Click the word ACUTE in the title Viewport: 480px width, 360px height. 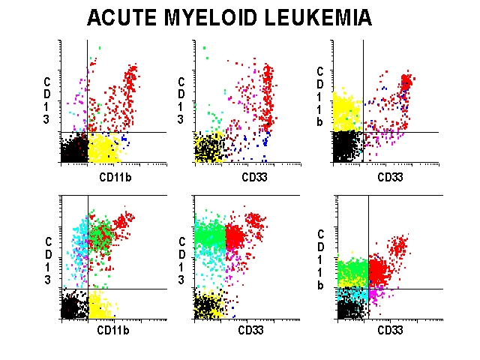124,17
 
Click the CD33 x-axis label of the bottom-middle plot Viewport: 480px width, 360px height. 251,330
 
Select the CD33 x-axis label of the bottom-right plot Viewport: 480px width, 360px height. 390,330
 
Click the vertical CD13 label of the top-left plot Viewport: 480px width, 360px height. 47,100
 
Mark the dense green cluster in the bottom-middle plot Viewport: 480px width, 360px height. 210,235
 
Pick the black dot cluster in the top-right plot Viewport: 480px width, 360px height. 346,146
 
